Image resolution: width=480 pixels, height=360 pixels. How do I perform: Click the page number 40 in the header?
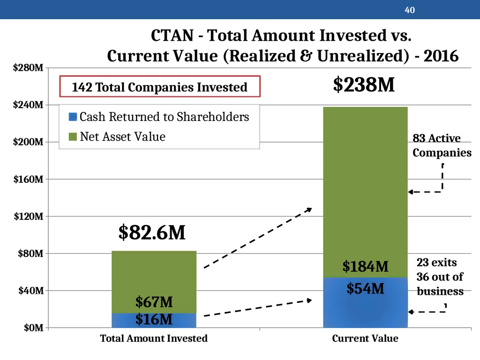[x=410, y=10]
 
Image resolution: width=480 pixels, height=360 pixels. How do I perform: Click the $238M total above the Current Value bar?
[x=364, y=84]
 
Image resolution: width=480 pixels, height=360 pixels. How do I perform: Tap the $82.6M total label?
[x=152, y=232]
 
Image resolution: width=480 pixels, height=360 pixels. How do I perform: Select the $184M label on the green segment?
[x=365, y=266]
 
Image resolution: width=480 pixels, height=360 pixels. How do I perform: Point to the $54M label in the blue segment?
[x=365, y=288]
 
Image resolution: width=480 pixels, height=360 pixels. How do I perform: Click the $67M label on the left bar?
[x=154, y=302]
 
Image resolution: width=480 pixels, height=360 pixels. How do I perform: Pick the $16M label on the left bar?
[x=154, y=319]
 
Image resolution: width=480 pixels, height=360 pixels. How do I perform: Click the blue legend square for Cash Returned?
[x=73, y=117]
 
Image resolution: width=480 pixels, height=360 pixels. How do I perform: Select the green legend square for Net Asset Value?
[x=73, y=136]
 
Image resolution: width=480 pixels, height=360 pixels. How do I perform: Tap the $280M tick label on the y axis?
[x=28, y=67]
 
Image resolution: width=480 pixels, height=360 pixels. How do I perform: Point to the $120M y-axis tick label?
[x=29, y=217]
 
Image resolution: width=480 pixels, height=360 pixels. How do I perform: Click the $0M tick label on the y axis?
[x=34, y=328]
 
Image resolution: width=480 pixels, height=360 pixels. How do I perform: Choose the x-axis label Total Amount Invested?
[x=154, y=338]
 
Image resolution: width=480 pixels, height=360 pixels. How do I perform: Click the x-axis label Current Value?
[x=365, y=338]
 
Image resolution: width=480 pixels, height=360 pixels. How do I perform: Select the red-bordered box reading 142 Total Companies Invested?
[x=160, y=87]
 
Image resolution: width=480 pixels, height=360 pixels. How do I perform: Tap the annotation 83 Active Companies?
[x=442, y=145]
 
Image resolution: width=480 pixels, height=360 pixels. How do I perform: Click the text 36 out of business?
[x=440, y=284]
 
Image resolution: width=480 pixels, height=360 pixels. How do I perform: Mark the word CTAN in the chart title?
[x=172, y=36]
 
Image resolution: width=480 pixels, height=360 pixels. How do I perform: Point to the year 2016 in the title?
[x=441, y=56]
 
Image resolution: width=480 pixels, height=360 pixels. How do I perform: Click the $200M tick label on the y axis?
[x=28, y=142]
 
